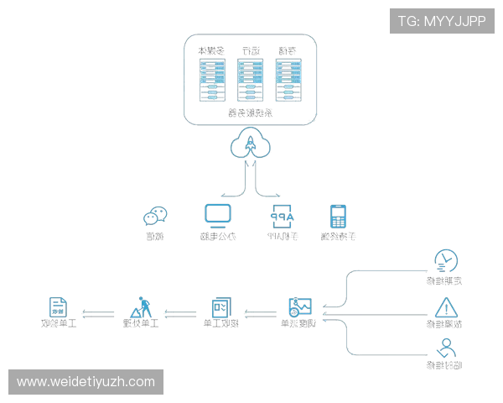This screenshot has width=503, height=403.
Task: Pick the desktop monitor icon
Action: [217, 215]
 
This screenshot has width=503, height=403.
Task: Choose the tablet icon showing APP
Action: [280, 216]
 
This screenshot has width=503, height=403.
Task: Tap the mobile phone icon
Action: [338, 217]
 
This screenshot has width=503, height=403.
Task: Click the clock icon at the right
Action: [445, 261]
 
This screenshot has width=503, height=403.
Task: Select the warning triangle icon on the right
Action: [446, 306]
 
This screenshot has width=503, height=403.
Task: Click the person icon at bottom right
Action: [447, 348]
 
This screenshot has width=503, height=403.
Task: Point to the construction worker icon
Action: [142, 307]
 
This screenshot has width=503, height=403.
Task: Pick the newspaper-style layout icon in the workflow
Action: [220, 307]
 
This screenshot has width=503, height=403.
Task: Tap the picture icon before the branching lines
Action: [300, 306]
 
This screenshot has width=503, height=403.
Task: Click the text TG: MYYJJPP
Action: [442, 21]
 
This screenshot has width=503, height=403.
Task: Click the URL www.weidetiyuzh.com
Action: [86, 382]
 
